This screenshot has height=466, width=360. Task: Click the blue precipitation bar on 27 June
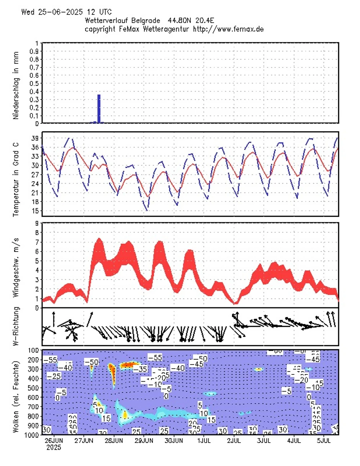[x=99, y=109]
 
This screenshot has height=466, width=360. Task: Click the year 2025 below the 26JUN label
[x=54, y=447]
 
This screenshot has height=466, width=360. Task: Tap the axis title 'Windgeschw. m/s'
[x=16, y=265]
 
